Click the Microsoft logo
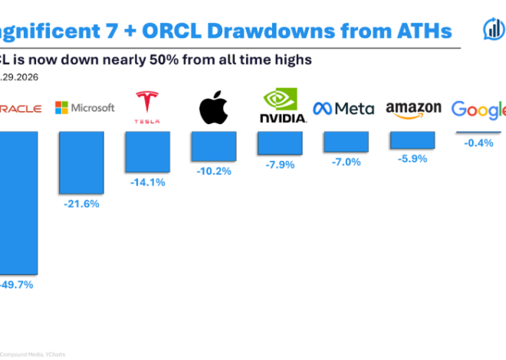84,108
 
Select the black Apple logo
212,108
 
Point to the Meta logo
344,108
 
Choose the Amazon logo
413,109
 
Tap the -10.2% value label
213,170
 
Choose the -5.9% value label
412,159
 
